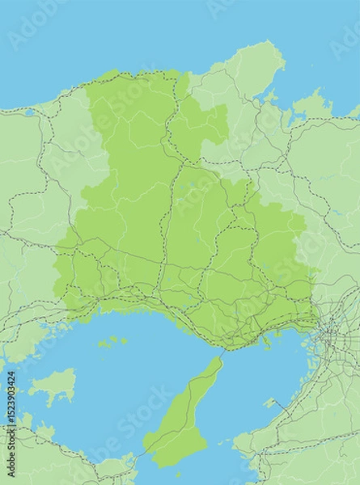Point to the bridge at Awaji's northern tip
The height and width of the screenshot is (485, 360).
click(221, 354)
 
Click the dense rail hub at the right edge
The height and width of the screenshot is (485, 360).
click(331, 331)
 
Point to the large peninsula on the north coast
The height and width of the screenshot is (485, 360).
click(255, 65)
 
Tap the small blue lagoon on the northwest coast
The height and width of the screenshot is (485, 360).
click(30, 112)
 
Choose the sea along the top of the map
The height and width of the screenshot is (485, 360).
click(162, 32)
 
